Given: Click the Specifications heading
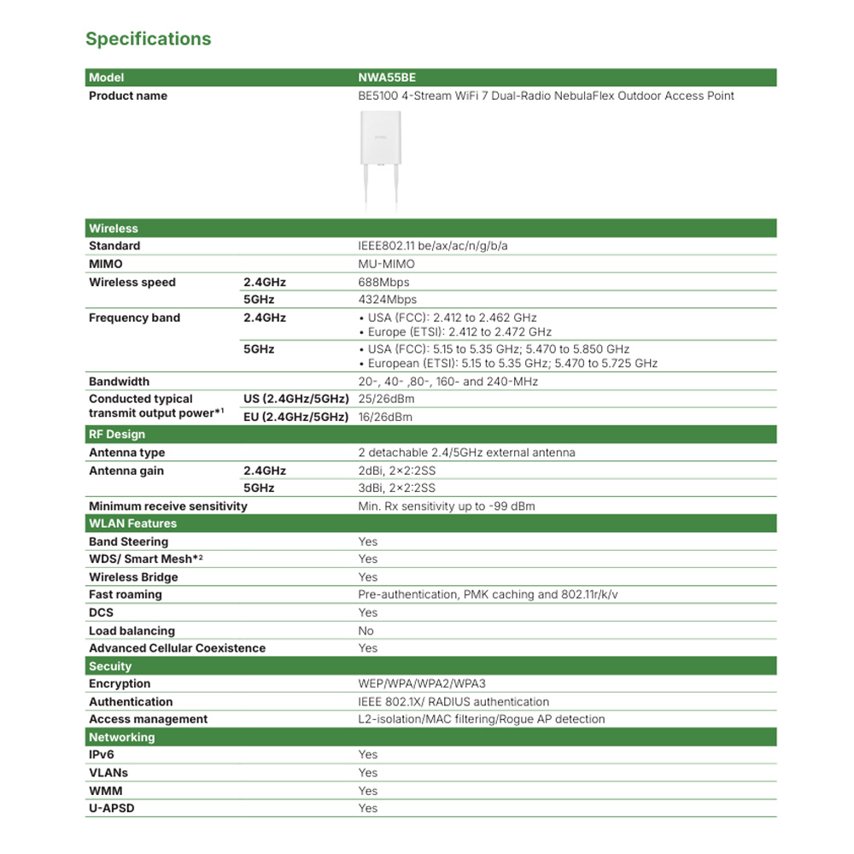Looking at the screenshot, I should point(148,39).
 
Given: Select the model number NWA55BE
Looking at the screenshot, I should point(387,78).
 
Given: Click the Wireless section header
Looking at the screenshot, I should point(114,228).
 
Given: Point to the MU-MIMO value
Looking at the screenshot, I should point(386,264).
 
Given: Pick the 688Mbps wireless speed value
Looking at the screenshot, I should point(383,282).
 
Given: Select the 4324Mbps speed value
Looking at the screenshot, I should point(387,300).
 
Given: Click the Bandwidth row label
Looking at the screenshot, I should point(119,382).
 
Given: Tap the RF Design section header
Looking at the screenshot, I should point(117,435).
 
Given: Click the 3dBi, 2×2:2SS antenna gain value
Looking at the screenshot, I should point(396,488).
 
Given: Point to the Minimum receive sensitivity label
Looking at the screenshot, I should point(167,506).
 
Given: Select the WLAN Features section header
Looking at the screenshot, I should point(132,524).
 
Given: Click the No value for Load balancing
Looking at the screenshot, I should point(366,631).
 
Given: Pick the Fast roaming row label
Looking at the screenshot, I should point(125,594).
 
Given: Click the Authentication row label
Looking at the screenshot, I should point(131,702).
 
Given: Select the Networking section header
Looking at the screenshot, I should point(122,737).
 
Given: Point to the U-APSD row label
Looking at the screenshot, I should point(112,808).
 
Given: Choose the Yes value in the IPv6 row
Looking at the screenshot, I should point(367,755).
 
